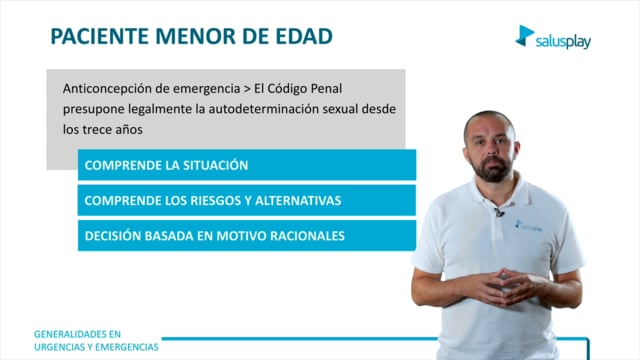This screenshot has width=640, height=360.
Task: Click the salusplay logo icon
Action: [x=524, y=36]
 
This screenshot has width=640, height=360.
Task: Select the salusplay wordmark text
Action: [x=563, y=42]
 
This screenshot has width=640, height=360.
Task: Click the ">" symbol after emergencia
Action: [x=247, y=89]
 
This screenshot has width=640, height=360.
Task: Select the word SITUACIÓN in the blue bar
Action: [x=216, y=165]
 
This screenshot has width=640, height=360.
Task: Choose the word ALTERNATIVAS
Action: [x=298, y=200]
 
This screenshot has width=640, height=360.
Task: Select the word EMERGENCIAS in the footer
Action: [x=130, y=347]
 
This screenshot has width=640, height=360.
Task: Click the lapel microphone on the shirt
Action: [x=499, y=212]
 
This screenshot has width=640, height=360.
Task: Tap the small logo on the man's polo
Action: [x=529, y=226]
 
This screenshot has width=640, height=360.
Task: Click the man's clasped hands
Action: [x=504, y=287]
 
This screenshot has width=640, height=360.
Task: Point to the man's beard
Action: [x=491, y=169]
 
